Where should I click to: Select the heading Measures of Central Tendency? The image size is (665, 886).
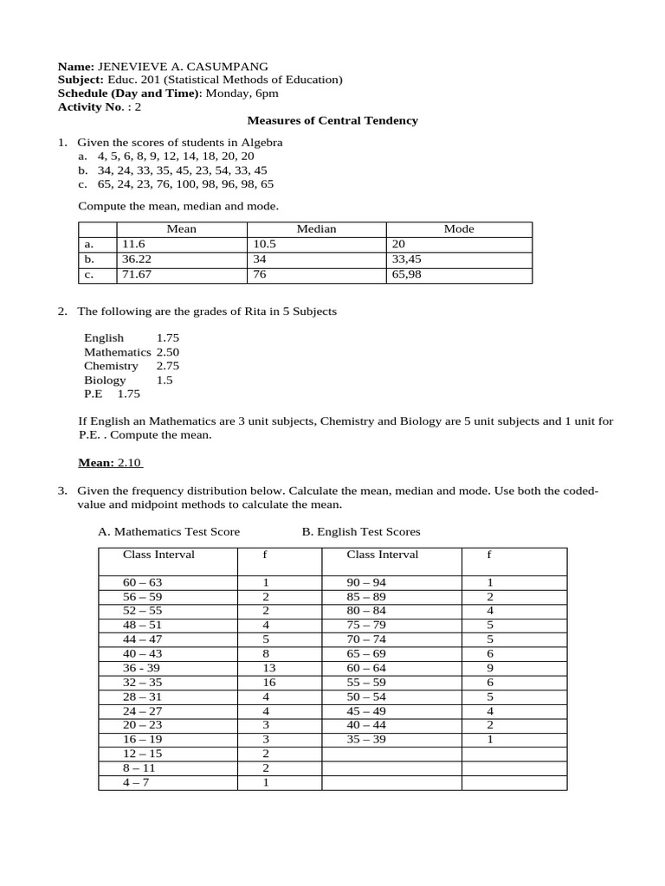[332, 120]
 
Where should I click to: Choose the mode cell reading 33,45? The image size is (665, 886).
[408, 259]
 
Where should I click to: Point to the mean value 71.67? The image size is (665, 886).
[137, 274]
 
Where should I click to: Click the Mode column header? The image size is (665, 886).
[459, 229]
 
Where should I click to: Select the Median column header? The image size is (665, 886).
[316, 229]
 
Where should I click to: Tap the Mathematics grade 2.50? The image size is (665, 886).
[168, 352]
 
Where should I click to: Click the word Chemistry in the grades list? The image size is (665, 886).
[111, 366]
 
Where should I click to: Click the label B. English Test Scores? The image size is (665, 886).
[361, 531]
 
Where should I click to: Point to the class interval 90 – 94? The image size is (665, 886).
[366, 583]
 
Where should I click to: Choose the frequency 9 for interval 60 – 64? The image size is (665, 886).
[490, 669]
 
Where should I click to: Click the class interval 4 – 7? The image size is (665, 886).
[137, 782]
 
